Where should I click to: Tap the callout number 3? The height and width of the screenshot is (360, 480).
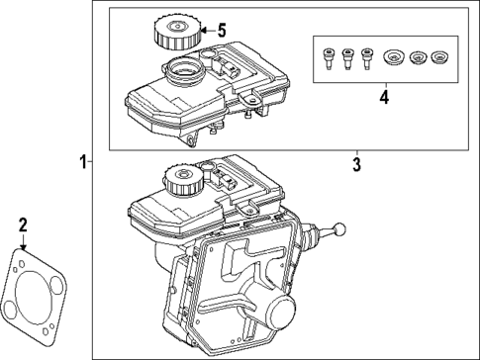click(x=357, y=165)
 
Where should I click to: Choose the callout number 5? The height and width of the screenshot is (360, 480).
click(x=221, y=31)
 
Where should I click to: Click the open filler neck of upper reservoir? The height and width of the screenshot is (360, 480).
click(x=182, y=71)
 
